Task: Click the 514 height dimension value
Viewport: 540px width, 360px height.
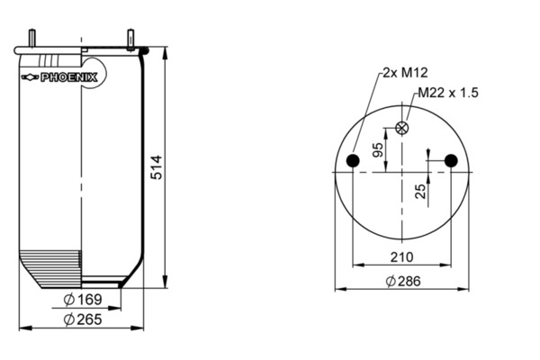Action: pyautogui.click(x=157, y=167)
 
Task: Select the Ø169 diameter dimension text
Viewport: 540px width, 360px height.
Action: pyautogui.click(x=83, y=300)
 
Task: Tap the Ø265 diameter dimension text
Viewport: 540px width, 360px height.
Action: pyautogui.click(x=83, y=319)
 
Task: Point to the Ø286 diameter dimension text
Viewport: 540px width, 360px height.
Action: pyautogui.click(x=403, y=281)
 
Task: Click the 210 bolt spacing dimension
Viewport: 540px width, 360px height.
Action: pyautogui.click(x=401, y=257)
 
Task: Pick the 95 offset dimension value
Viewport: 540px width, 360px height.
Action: pyautogui.click(x=378, y=149)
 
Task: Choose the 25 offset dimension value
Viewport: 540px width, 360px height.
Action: pyautogui.click(x=420, y=191)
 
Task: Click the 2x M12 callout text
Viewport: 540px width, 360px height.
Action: pyautogui.click(x=405, y=73)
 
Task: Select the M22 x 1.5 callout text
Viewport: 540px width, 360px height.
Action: pyautogui.click(x=448, y=93)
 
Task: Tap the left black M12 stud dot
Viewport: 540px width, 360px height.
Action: pyautogui.click(x=353, y=160)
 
